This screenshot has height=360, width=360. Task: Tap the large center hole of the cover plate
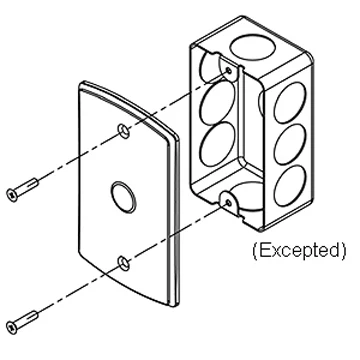coord(124,193)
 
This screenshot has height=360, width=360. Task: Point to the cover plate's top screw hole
coord(123,131)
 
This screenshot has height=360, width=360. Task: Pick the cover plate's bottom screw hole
coord(122,262)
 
